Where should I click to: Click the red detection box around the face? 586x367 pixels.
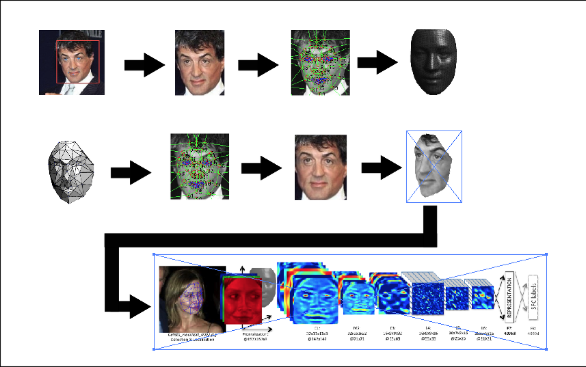tap(78, 41)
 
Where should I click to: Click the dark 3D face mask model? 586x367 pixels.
tap(433, 62)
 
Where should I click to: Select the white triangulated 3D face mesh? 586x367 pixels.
tap(71, 172)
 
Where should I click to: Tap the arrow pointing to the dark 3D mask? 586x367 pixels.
tap(377, 62)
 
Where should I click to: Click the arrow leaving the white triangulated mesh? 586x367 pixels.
tap(131, 172)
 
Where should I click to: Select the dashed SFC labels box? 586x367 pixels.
tap(533, 297)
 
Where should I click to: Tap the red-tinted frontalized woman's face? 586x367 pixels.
tap(242, 300)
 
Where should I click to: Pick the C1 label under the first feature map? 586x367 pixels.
tap(317, 328)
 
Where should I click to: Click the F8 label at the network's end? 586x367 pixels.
tap(533, 328)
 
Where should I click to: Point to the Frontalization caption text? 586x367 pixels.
tap(255, 334)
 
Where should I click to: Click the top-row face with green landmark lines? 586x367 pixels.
tap(320, 62)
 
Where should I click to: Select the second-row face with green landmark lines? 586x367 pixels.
tap(200, 166)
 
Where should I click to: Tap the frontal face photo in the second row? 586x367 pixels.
tap(320, 167)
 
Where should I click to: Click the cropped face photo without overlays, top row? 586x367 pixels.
tap(200, 62)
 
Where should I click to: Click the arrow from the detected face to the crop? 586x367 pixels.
tap(144, 65)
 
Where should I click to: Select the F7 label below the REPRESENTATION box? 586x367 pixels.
tap(509, 328)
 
